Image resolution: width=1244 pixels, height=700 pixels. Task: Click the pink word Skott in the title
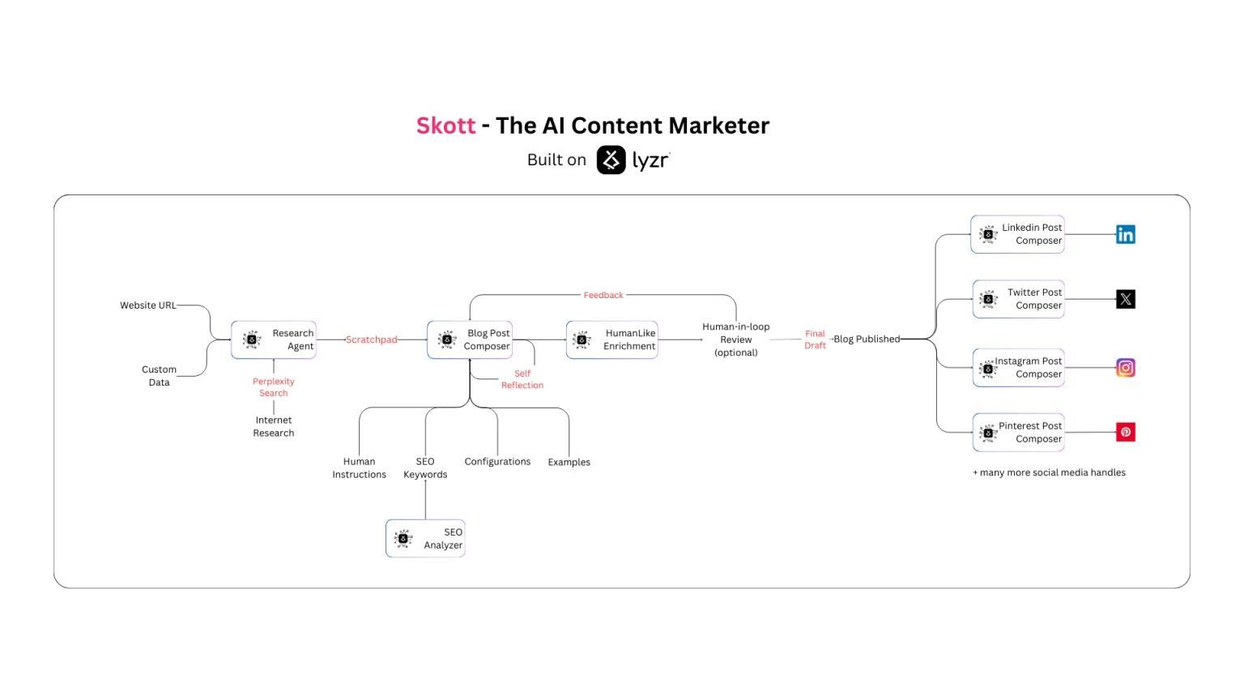point(446,126)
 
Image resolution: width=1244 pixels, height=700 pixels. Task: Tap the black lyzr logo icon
point(611,160)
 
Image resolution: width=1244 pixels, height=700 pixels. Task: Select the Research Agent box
point(274,339)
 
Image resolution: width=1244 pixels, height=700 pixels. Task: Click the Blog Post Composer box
point(470,339)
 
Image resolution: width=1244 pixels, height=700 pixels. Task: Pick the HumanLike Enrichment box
point(612,339)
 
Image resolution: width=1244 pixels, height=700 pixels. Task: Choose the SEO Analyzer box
point(425,538)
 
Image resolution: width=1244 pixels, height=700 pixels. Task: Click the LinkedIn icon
point(1126,234)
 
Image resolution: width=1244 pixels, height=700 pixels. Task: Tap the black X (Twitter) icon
point(1126,299)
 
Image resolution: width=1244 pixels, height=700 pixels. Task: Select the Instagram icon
point(1126,368)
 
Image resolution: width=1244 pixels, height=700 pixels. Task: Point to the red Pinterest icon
point(1126,432)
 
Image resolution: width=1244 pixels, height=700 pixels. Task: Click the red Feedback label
point(603,295)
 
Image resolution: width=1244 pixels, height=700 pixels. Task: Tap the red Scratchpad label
point(372,339)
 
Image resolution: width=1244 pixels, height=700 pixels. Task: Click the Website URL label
point(147,305)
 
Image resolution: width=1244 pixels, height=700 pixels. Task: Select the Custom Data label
point(159,376)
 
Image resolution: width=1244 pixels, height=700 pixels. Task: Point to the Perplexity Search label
point(273,386)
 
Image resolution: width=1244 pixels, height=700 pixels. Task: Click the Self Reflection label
point(522,379)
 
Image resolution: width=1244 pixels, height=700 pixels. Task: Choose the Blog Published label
point(867,339)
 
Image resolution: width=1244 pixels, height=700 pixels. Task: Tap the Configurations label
point(497,462)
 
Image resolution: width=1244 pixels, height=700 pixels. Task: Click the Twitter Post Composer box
point(1019,299)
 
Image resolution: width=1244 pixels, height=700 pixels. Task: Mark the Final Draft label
point(815,339)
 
